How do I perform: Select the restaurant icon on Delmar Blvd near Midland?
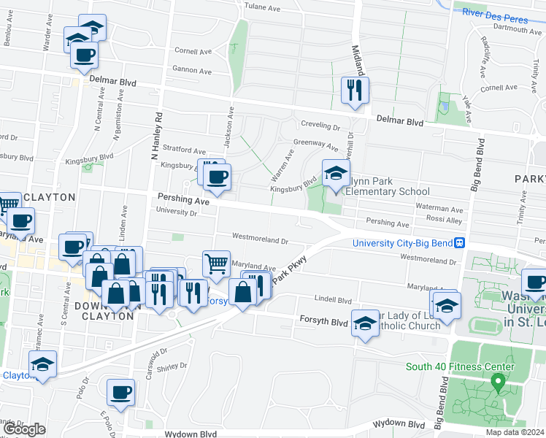(355, 91)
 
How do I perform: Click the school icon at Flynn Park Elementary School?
(336, 174)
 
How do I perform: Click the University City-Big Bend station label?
(402, 243)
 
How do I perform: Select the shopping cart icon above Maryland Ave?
(216, 264)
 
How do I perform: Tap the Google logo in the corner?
(24, 429)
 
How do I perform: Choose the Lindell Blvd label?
(333, 299)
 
